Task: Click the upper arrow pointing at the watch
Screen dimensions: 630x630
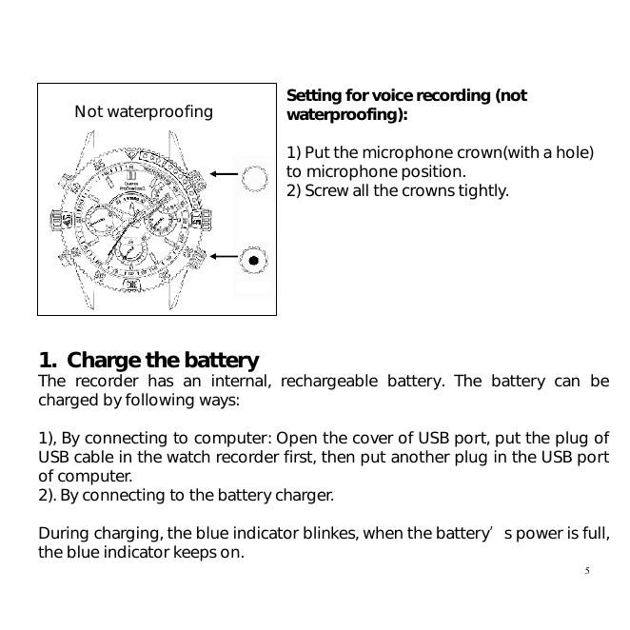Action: tap(225, 174)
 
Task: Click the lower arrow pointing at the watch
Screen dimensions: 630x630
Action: tap(225, 256)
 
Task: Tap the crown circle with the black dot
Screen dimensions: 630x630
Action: tap(253, 258)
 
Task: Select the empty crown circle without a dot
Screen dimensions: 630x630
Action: tap(254, 177)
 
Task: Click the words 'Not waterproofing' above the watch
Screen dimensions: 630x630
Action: tap(144, 112)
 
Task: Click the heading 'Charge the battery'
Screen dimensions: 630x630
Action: tap(163, 361)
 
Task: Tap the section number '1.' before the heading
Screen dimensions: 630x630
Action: tap(48, 361)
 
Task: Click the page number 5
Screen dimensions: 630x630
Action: tap(587, 571)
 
